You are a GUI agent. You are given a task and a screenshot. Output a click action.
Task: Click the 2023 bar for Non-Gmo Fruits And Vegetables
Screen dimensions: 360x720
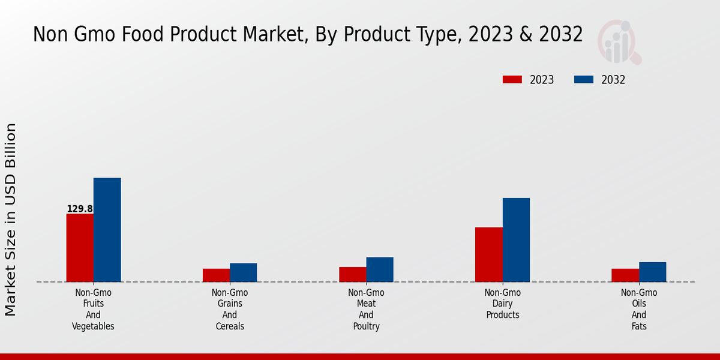[80, 248]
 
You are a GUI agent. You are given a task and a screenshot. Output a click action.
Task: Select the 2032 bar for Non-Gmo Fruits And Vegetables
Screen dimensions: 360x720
[107, 230]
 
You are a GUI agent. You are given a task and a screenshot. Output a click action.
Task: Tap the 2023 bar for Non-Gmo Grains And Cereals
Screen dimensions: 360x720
[216, 275]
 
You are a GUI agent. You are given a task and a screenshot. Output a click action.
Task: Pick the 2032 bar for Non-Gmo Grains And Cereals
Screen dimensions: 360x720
[243, 272]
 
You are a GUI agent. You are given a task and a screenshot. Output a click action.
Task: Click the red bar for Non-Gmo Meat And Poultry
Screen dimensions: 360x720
[352, 274]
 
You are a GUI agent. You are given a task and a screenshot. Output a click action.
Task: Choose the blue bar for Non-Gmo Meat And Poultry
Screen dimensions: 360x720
[380, 269]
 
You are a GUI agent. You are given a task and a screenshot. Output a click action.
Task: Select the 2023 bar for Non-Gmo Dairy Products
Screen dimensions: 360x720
[488, 254]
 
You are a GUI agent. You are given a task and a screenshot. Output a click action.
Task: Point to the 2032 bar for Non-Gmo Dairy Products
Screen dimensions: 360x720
[516, 240]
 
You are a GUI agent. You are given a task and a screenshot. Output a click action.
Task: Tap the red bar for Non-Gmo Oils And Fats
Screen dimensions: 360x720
[625, 275]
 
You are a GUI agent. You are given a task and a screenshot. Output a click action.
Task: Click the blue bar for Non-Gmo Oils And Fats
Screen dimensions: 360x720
[652, 272]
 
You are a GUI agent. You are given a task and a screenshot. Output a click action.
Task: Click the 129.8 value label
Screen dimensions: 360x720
[80, 209]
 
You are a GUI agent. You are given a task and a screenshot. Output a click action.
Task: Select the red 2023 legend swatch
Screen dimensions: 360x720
[512, 80]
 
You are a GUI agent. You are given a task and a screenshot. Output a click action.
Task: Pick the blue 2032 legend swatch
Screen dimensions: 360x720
[584, 80]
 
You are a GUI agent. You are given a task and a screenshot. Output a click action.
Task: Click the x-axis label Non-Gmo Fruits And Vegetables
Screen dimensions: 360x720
[93, 310]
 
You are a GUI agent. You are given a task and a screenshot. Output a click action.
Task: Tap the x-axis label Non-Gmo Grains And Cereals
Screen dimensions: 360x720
[230, 310]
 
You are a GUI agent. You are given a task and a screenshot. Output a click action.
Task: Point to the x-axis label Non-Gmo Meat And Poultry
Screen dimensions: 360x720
[366, 310]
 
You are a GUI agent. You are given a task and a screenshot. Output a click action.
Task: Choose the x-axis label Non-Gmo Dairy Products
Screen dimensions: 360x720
[503, 304]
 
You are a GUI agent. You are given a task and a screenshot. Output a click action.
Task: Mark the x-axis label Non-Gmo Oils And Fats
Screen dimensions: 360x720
[639, 310]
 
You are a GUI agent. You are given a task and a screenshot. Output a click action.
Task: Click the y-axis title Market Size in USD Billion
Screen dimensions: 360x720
[11, 219]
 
